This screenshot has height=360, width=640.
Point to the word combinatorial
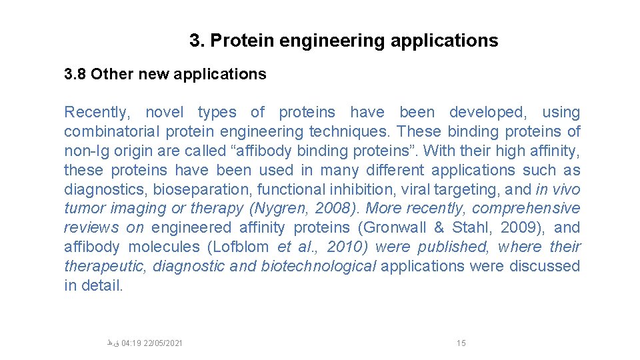112,131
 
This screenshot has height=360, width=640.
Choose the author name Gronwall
395,228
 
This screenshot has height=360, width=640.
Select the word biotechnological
319,266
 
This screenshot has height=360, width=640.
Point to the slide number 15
461,343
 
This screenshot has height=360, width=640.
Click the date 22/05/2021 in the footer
163,343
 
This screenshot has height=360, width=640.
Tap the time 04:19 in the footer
131,343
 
